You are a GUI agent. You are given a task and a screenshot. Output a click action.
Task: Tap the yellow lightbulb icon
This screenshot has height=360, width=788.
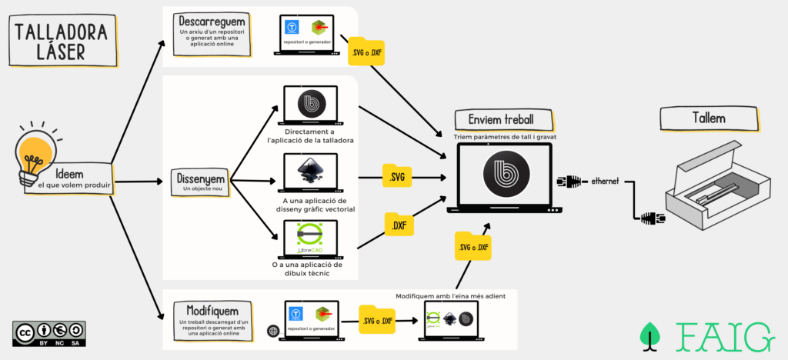pos(35,153)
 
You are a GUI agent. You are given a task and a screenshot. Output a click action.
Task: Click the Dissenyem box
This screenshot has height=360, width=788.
pos(199,182)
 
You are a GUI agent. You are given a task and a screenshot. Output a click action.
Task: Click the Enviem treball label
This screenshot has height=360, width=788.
pos(505,120)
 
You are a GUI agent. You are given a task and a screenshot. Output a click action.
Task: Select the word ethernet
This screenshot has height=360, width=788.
pos(606,182)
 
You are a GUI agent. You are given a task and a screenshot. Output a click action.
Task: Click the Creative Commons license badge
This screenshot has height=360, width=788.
pos(48,332)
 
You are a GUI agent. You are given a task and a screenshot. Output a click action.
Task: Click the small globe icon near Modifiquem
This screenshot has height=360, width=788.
pos(272,331)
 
